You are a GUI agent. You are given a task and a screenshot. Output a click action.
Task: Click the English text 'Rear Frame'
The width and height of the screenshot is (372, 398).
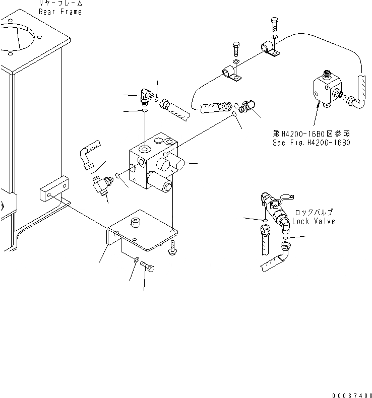[59, 12]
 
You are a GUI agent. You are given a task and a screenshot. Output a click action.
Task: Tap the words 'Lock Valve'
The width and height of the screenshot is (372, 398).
[313, 221]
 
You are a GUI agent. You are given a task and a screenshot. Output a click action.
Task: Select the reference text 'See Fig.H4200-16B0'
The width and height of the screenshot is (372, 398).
[312, 142]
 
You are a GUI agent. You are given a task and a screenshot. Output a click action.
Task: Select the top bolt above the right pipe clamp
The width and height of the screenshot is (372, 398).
[274, 24]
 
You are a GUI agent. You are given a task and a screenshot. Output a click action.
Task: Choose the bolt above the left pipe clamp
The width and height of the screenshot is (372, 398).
[237, 51]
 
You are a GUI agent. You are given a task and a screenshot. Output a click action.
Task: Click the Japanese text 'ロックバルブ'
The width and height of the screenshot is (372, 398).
[314, 213]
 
